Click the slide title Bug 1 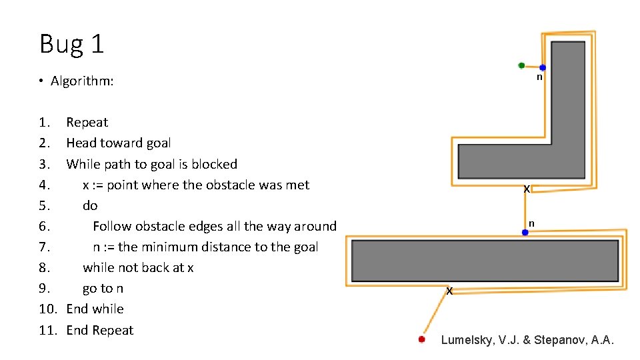(72, 44)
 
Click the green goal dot (521, 65)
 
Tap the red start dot (421, 339)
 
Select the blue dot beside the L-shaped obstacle (543, 67)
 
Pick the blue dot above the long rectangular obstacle (525, 232)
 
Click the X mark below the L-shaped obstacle (527, 189)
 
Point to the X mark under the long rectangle (449, 291)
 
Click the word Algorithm (81, 81)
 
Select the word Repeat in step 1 (87, 123)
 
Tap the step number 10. (48, 309)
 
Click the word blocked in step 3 (214, 164)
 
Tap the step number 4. (45, 185)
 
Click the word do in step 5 (90, 205)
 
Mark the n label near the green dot (539, 77)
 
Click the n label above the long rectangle (531, 224)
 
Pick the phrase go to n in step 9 (103, 289)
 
